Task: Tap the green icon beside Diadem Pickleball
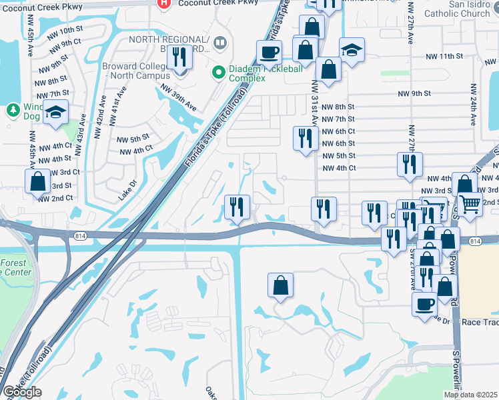217,71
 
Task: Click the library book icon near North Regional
219,45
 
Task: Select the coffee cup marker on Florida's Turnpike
269,51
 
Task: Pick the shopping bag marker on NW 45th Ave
38,181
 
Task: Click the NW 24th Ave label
472,105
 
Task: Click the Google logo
22,392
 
